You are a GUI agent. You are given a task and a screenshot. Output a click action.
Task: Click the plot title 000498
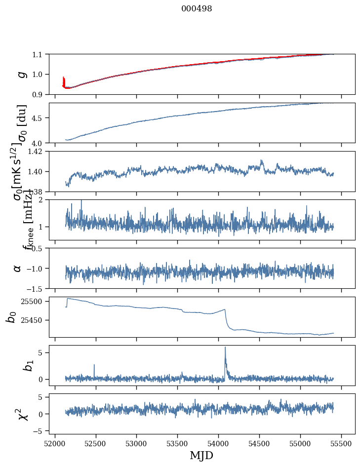pos(197,9)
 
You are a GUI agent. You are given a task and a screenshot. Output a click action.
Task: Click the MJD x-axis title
pos(201,456)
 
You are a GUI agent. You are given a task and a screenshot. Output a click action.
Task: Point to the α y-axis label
pos(18,268)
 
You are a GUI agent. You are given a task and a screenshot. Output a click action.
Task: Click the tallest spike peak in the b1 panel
pos(225,348)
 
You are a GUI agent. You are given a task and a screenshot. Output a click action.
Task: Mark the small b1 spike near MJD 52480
pos(94,365)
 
